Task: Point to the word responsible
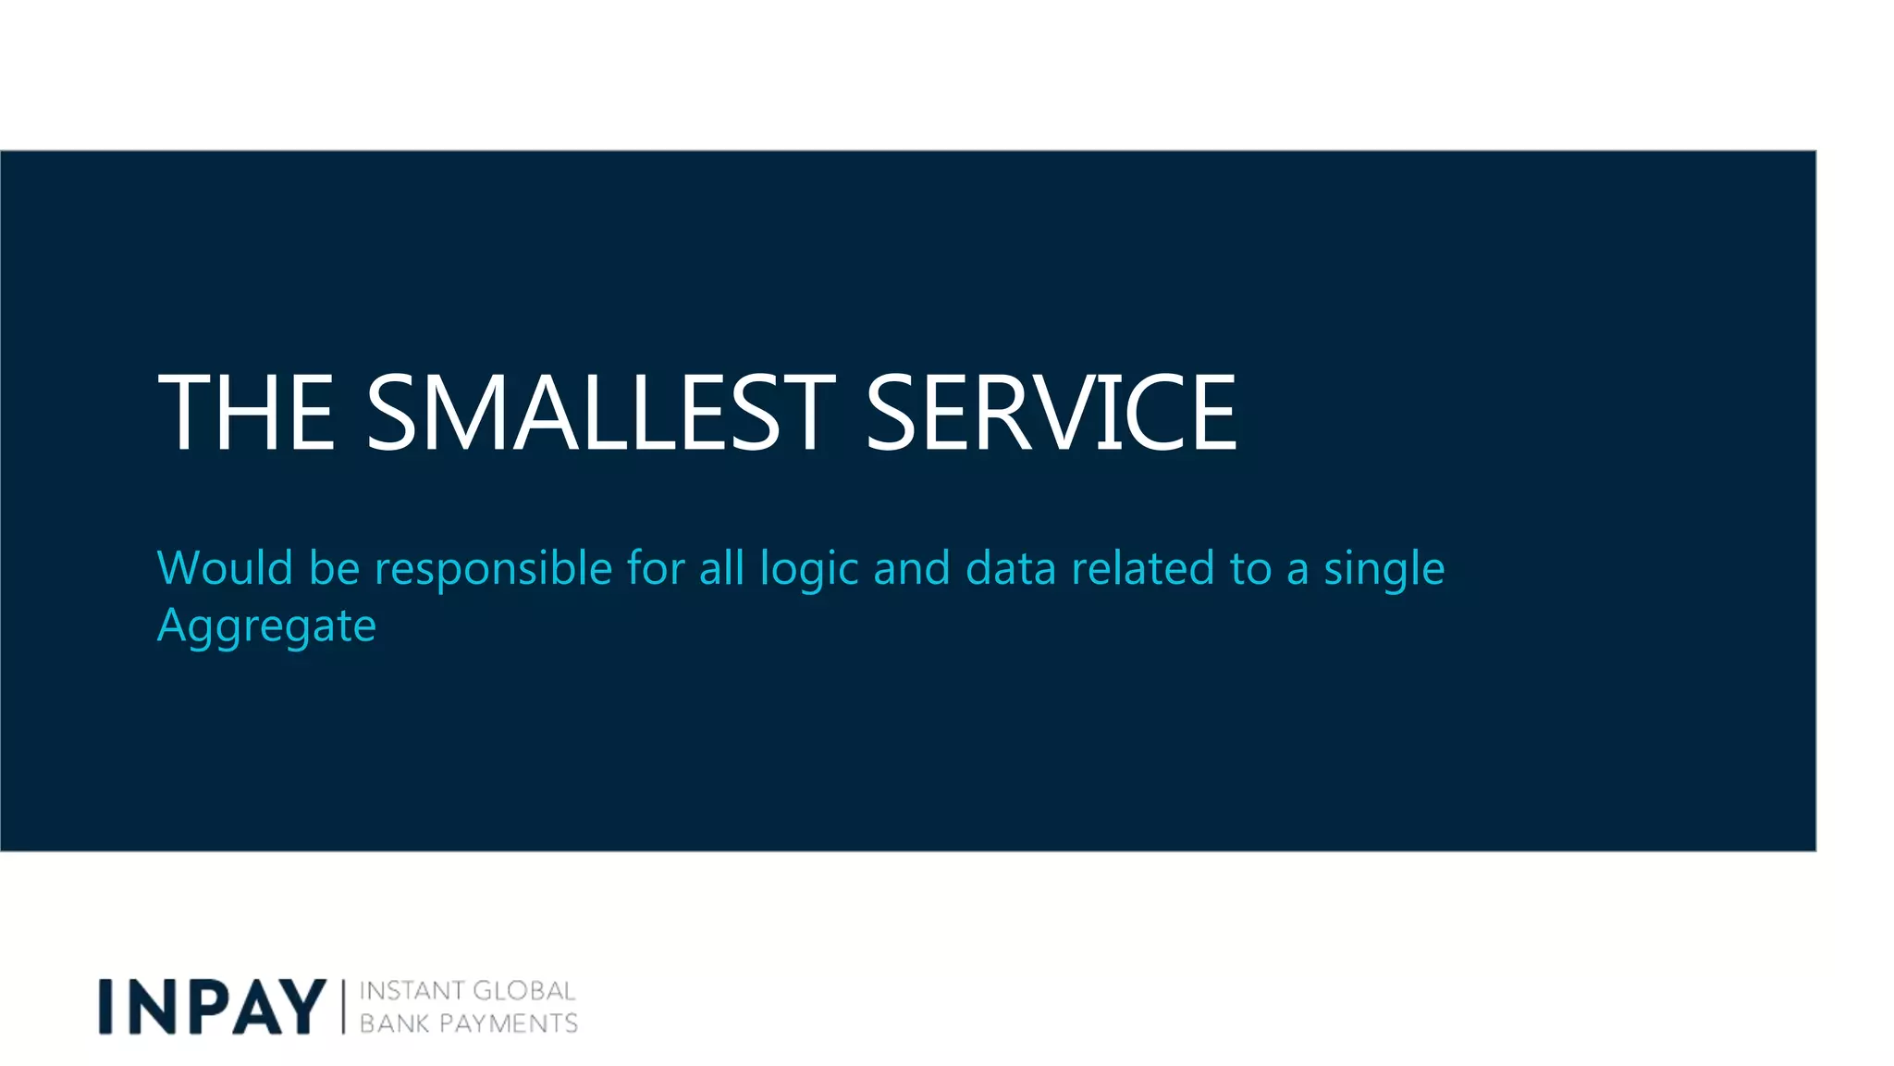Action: [493, 569]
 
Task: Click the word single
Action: [1384, 569]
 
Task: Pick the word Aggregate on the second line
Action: [266, 626]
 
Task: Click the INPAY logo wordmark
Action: [213, 1006]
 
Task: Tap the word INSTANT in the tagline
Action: [412, 991]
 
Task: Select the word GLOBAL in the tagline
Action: [523, 991]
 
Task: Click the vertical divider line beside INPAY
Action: [343, 1007]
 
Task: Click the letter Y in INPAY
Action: [301, 1006]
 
